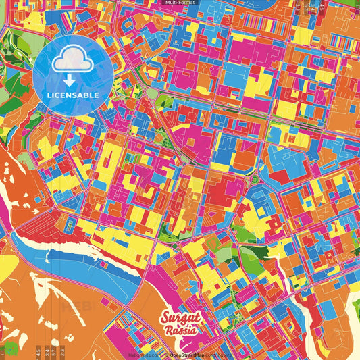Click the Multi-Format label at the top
[180, 3]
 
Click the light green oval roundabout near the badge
[153, 92]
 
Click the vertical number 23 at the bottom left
[63, 351]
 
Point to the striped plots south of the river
[47, 311]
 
